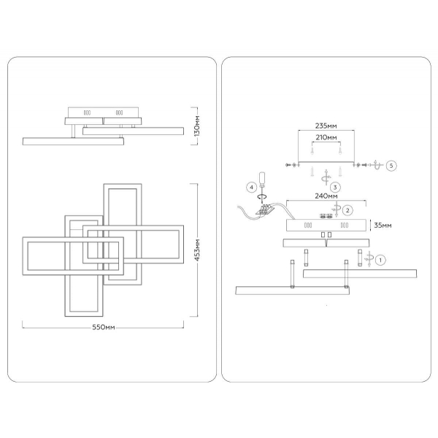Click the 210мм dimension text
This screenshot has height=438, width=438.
point(326,137)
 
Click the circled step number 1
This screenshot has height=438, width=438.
point(380,258)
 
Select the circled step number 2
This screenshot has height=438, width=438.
point(349,210)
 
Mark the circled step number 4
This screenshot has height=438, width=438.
point(253,188)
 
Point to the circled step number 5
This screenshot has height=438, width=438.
point(391,166)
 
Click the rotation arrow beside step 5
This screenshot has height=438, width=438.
point(376,165)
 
